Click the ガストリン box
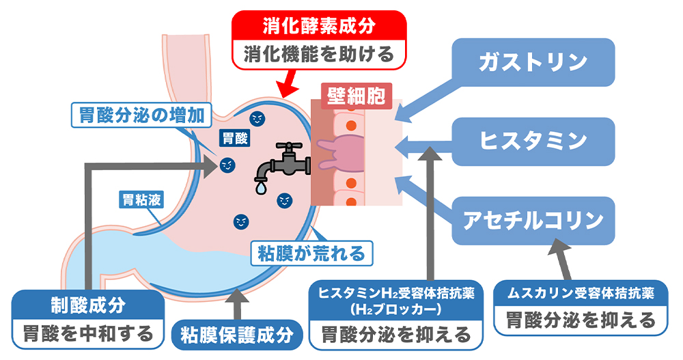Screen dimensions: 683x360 click(x=533, y=62)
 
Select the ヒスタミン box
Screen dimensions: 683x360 click(x=533, y=141)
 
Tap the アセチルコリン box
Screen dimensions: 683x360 click(x=533, y=221)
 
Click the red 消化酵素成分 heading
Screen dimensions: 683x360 click(x=319, y=26)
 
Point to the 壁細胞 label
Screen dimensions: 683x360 click(x=356, y=96)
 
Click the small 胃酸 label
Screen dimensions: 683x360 click(x=235, y=139)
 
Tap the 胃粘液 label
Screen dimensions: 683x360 click(x=141, y=200)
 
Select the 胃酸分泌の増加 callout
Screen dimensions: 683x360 click(x=141, y=115)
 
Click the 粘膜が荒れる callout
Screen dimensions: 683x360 click(x=311, y=253)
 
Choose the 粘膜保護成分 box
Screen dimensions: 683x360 click(x=237, y=335)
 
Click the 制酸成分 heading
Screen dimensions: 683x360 click(x=88, y=305)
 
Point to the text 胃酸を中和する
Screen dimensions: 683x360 click(x=88, y=334)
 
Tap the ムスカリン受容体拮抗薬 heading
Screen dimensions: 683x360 click(x=581, y=293)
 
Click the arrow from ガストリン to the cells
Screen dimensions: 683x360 click(x=431, y=100)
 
